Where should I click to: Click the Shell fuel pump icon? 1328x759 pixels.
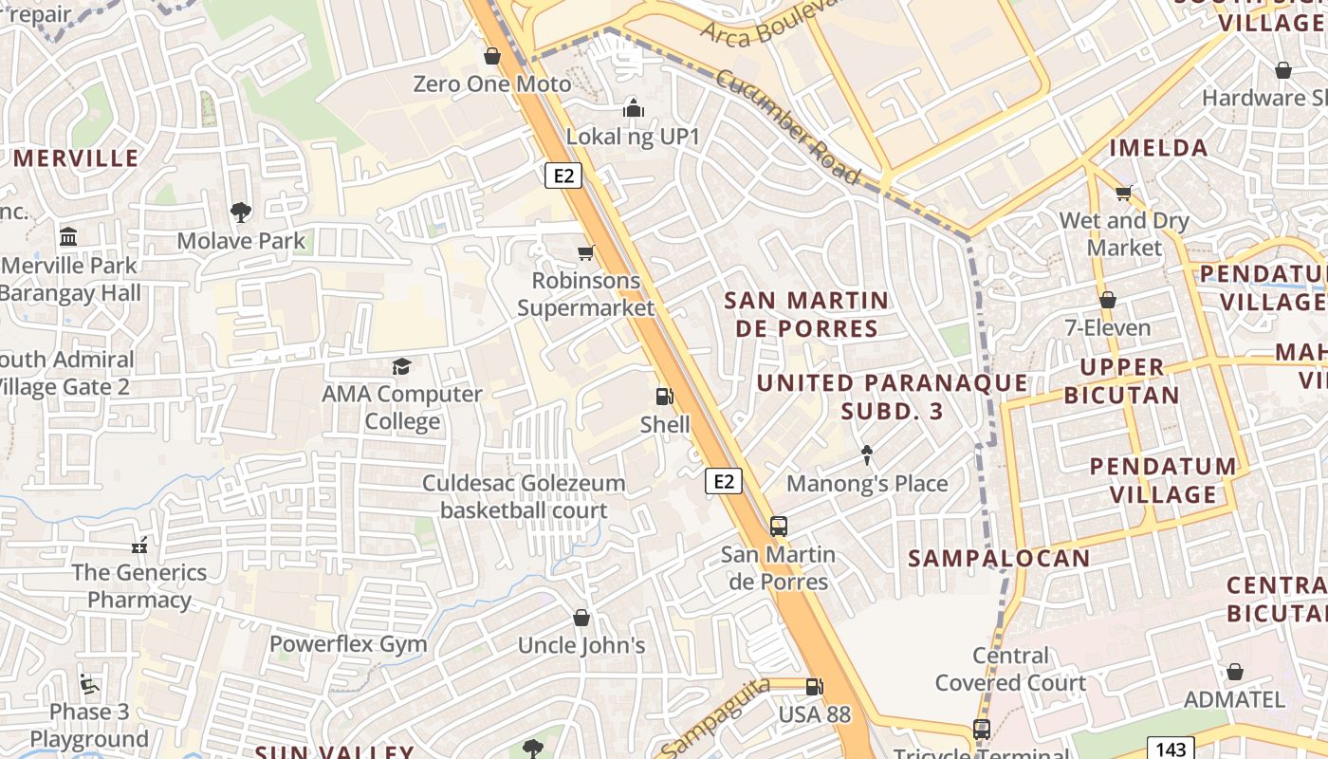point(665,397)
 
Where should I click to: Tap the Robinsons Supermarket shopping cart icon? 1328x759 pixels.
point(586,252)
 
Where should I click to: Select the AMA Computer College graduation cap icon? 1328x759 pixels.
point(402,366)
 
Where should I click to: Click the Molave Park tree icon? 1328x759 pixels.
point(241,213)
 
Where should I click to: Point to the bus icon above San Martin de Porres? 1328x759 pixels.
point(778,526)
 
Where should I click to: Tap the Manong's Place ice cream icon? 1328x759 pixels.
point(866,455)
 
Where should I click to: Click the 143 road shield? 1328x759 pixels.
point(1171,750)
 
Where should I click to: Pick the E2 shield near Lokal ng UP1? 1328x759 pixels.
point(563,175)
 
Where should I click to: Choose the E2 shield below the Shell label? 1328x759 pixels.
point(724,481)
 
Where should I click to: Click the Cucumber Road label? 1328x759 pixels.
point(787,127)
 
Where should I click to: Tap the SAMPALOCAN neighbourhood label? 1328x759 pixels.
point(999,558)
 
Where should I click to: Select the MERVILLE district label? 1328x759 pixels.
point(76,157)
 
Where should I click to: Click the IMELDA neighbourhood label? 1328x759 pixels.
point(1158,147)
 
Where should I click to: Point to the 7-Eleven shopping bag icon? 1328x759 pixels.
point(1107,300)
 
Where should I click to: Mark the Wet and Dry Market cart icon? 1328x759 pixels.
point(1124,193)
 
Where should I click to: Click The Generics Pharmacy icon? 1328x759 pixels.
point(139,546)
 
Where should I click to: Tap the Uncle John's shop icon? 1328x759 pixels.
point(581,618)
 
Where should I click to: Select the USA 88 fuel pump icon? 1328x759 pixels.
point(814,686)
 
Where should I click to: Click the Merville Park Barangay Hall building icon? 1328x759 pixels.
point(68,236)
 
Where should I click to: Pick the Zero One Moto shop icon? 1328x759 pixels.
point(492,56)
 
